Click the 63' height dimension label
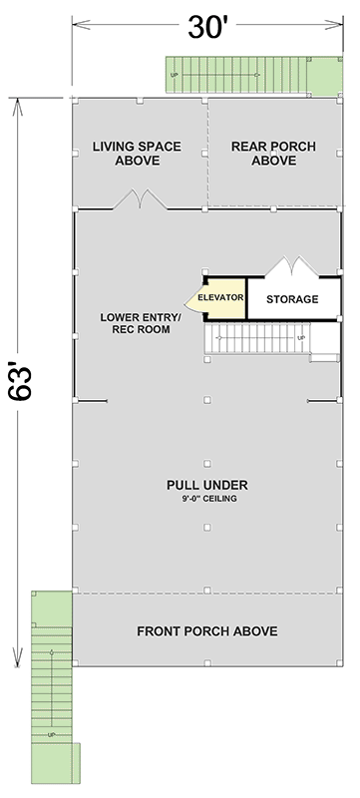click(x=27, y=385)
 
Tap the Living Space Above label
click(x=137, y=153)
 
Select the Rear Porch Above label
click(x=273, y=153)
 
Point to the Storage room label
click(x=292, y=298)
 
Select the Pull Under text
click(x=206, y=485)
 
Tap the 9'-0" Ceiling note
click(x=206, y=500)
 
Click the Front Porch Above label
click(x=206, y=631)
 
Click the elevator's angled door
click(x=191, y=298)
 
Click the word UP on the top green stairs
click(x=176, y=75)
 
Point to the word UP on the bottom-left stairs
click(x=51, y=734)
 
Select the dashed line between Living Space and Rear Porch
click(x=207, y=153)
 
